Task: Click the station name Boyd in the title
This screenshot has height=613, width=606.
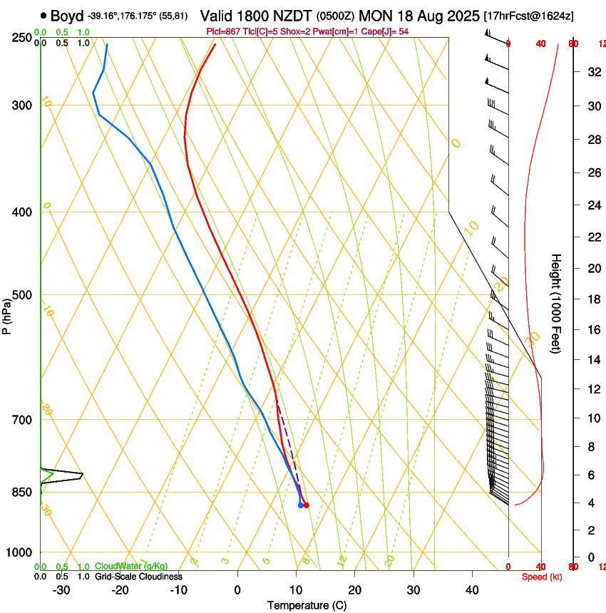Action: coord(66,16)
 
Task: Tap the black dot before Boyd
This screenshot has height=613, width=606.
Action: coord(43,16)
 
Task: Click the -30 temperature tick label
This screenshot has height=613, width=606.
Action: coord(61,590)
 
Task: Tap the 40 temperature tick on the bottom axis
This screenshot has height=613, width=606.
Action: coord(471,590)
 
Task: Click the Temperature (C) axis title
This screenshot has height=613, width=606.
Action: coord(307,605)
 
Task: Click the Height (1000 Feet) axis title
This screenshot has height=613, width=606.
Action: coord(557,303)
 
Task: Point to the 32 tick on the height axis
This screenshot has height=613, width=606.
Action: coord(592,72)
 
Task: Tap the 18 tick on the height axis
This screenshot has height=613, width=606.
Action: coord(592,299)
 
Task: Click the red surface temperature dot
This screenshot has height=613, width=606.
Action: coord(307,505)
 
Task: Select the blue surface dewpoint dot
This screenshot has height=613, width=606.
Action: coord(300,505)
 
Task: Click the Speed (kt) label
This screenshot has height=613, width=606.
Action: coord(541,577)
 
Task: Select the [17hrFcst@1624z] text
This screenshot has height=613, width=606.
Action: coord(528,16)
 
